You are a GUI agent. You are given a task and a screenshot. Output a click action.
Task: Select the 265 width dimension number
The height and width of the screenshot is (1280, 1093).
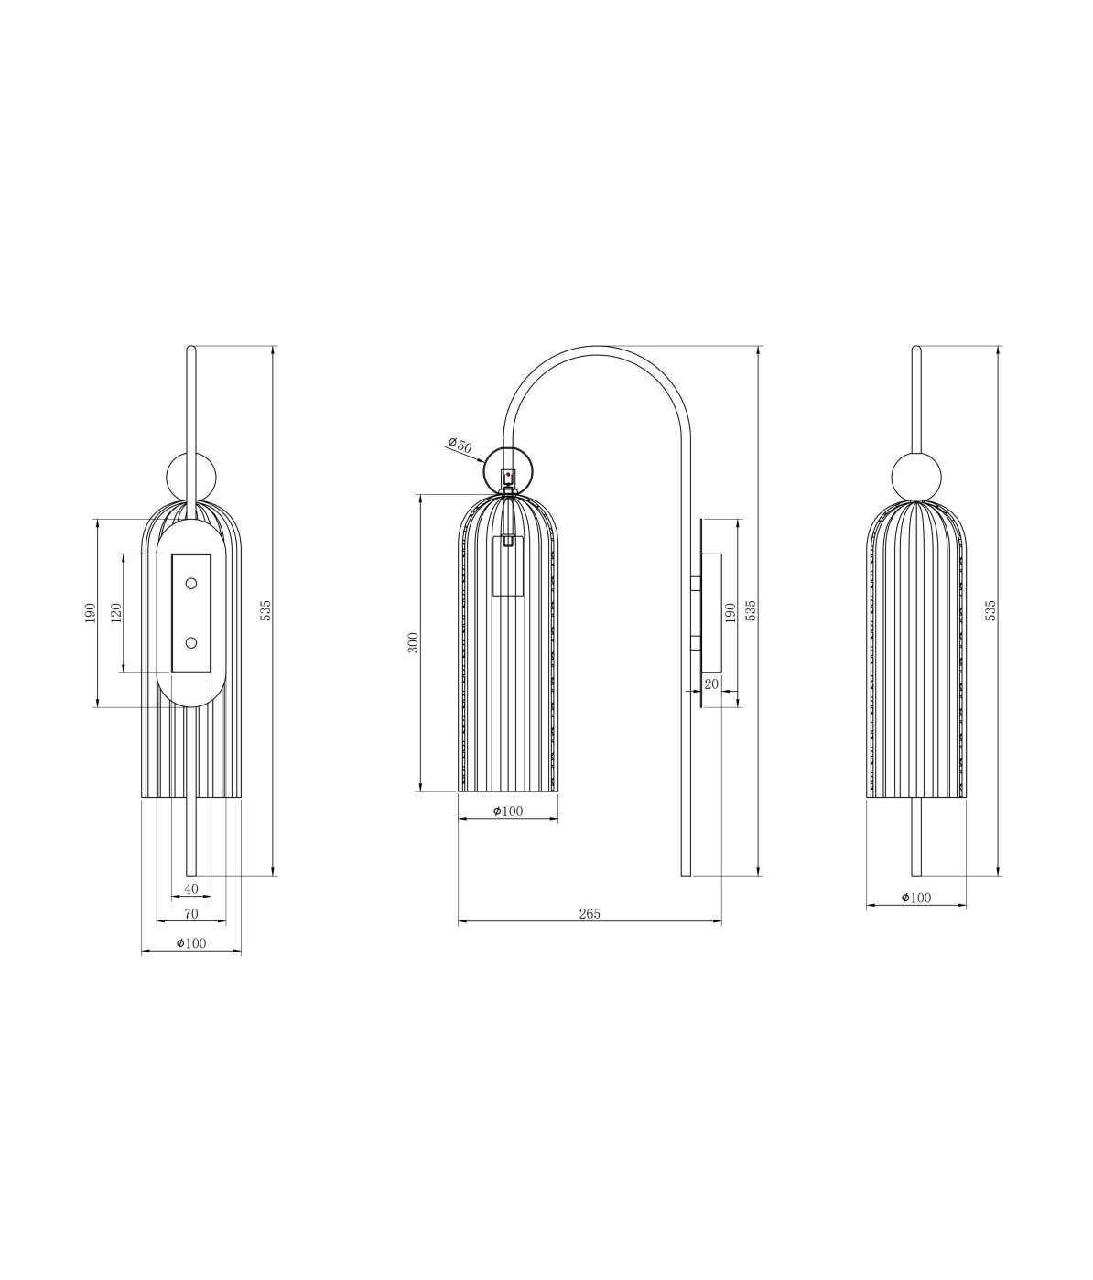(x=590, y=913)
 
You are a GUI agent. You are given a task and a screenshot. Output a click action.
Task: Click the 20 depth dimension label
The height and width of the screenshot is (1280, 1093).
(x=711, y=683)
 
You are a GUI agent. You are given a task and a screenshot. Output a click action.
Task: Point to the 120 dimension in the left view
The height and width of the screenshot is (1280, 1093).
(x=116, y=612)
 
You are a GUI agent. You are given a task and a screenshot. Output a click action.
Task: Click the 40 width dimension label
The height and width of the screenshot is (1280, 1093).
(x=191, y=888)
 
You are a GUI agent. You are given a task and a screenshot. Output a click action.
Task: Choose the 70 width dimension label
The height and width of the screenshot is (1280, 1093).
(x=191, y=913)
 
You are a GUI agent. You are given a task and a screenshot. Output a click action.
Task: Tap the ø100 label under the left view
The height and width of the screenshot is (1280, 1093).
(x=190, y=943)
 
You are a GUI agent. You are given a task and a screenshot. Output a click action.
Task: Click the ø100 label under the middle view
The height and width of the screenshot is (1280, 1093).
(x=508, y=812)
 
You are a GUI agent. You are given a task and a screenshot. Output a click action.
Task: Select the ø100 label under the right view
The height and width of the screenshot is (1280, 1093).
(x=915, y=898)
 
